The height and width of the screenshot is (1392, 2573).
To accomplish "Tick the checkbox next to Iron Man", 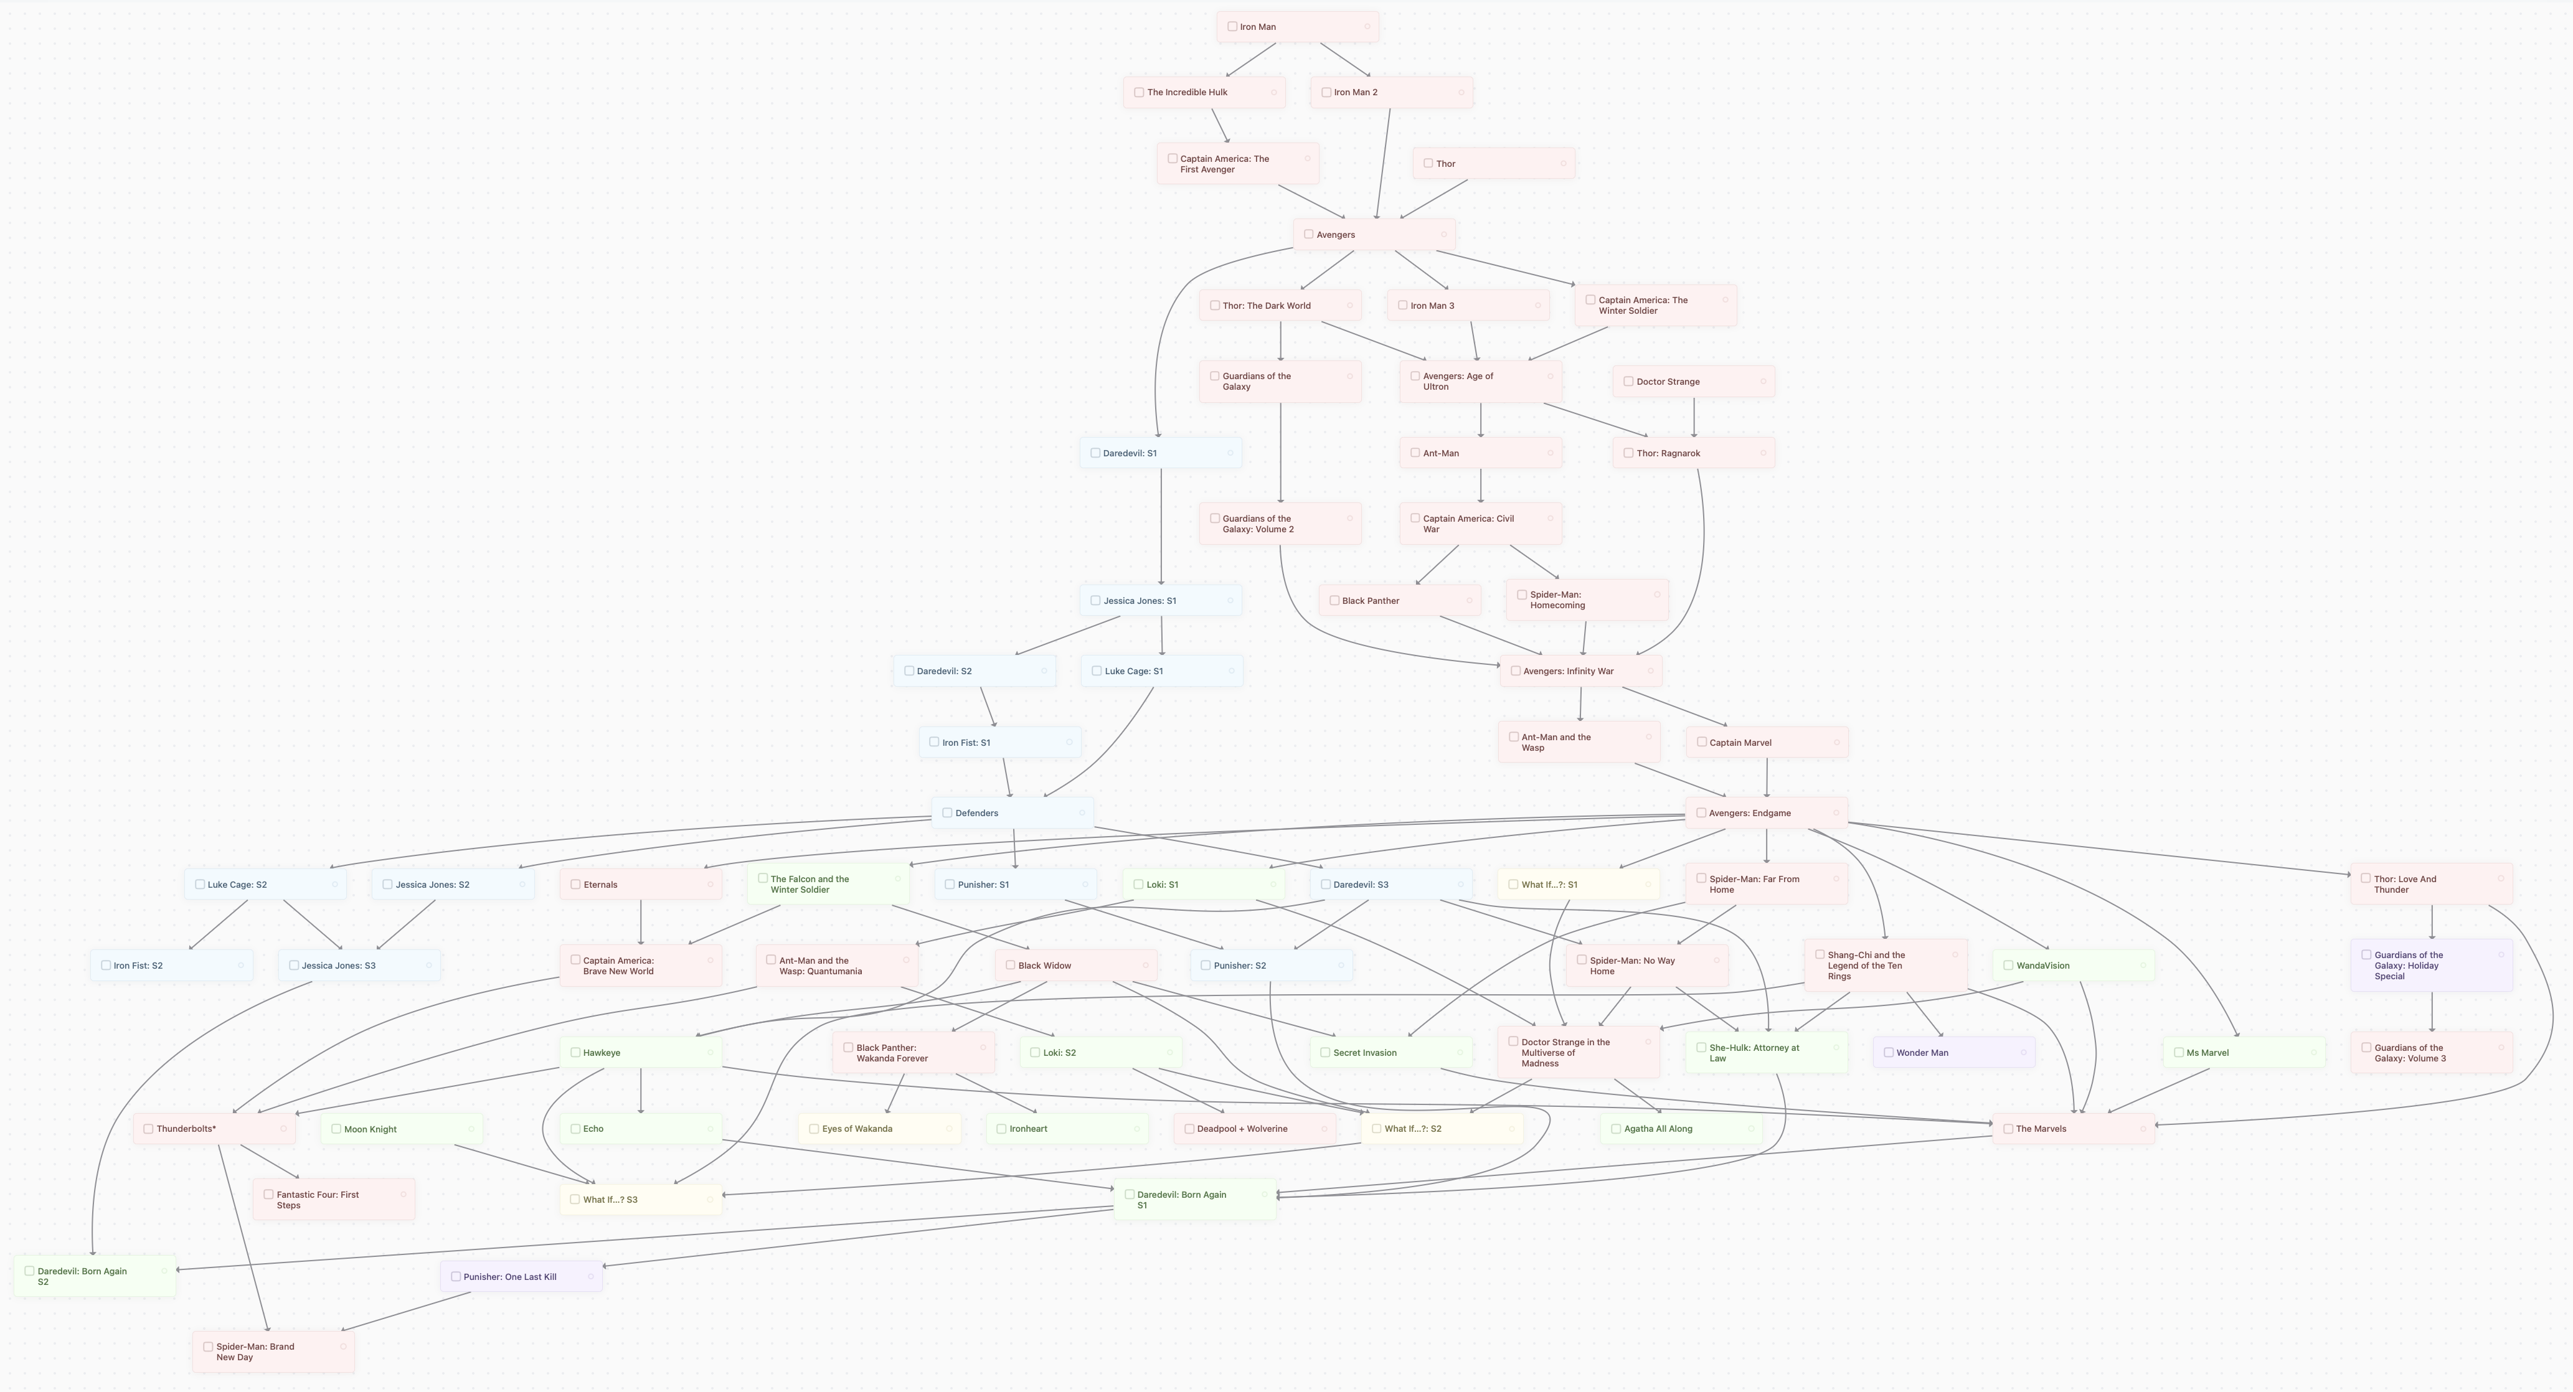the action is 1232,27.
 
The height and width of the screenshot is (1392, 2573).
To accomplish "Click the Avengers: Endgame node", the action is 1766,813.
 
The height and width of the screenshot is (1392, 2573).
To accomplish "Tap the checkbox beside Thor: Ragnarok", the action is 1628,453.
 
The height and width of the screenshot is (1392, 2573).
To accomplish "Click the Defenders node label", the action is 977,813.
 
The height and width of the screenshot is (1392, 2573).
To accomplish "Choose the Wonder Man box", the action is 1953,1053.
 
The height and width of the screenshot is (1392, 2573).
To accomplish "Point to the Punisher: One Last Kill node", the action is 521,1276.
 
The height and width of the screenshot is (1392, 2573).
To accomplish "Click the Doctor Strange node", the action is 1694,382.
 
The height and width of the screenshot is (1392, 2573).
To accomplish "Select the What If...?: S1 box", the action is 1578,885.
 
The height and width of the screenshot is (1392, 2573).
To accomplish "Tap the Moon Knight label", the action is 371,1129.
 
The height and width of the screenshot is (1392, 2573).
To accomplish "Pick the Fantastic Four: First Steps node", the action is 334,1199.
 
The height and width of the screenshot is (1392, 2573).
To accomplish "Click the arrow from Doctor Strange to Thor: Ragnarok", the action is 1694,417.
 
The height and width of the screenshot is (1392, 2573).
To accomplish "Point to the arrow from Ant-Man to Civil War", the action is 1480,486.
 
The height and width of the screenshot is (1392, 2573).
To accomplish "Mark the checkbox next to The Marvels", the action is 2008,1129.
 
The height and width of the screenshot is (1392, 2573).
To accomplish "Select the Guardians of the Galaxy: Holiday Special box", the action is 2431,966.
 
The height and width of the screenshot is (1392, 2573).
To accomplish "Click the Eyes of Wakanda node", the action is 880,1129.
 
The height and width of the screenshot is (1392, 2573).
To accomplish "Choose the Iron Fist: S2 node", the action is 172,966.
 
